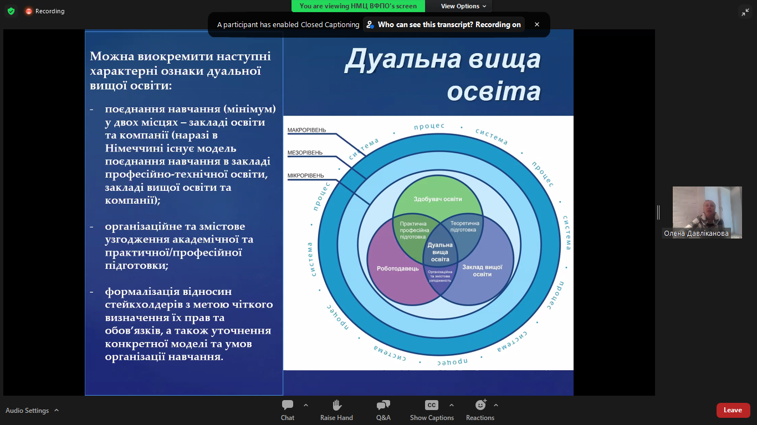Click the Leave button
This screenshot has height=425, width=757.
click(733, 410)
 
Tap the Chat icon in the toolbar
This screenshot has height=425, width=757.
click(288, 405)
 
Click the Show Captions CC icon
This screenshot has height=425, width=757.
click(432, 405)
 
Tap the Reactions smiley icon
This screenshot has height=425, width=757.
click(480, 405)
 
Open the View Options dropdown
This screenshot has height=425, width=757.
click(463, 6)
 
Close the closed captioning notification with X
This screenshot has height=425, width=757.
click(536, 24)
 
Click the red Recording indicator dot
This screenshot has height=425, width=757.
click(29, 11)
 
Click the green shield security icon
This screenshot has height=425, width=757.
click(11, 11)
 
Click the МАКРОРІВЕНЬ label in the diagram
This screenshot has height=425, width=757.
click(306, 130)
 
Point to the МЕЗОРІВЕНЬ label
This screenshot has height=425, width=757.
click(305, 153)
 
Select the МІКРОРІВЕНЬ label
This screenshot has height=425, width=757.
click(305, 175)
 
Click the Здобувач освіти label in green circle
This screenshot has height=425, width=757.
click(438, 199)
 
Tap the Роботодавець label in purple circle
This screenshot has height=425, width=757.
click(398, 269)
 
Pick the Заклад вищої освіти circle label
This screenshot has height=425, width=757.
click(482, 271)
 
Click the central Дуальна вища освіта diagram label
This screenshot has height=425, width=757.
click(440, 252)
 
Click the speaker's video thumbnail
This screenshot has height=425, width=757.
click(707, 212)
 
